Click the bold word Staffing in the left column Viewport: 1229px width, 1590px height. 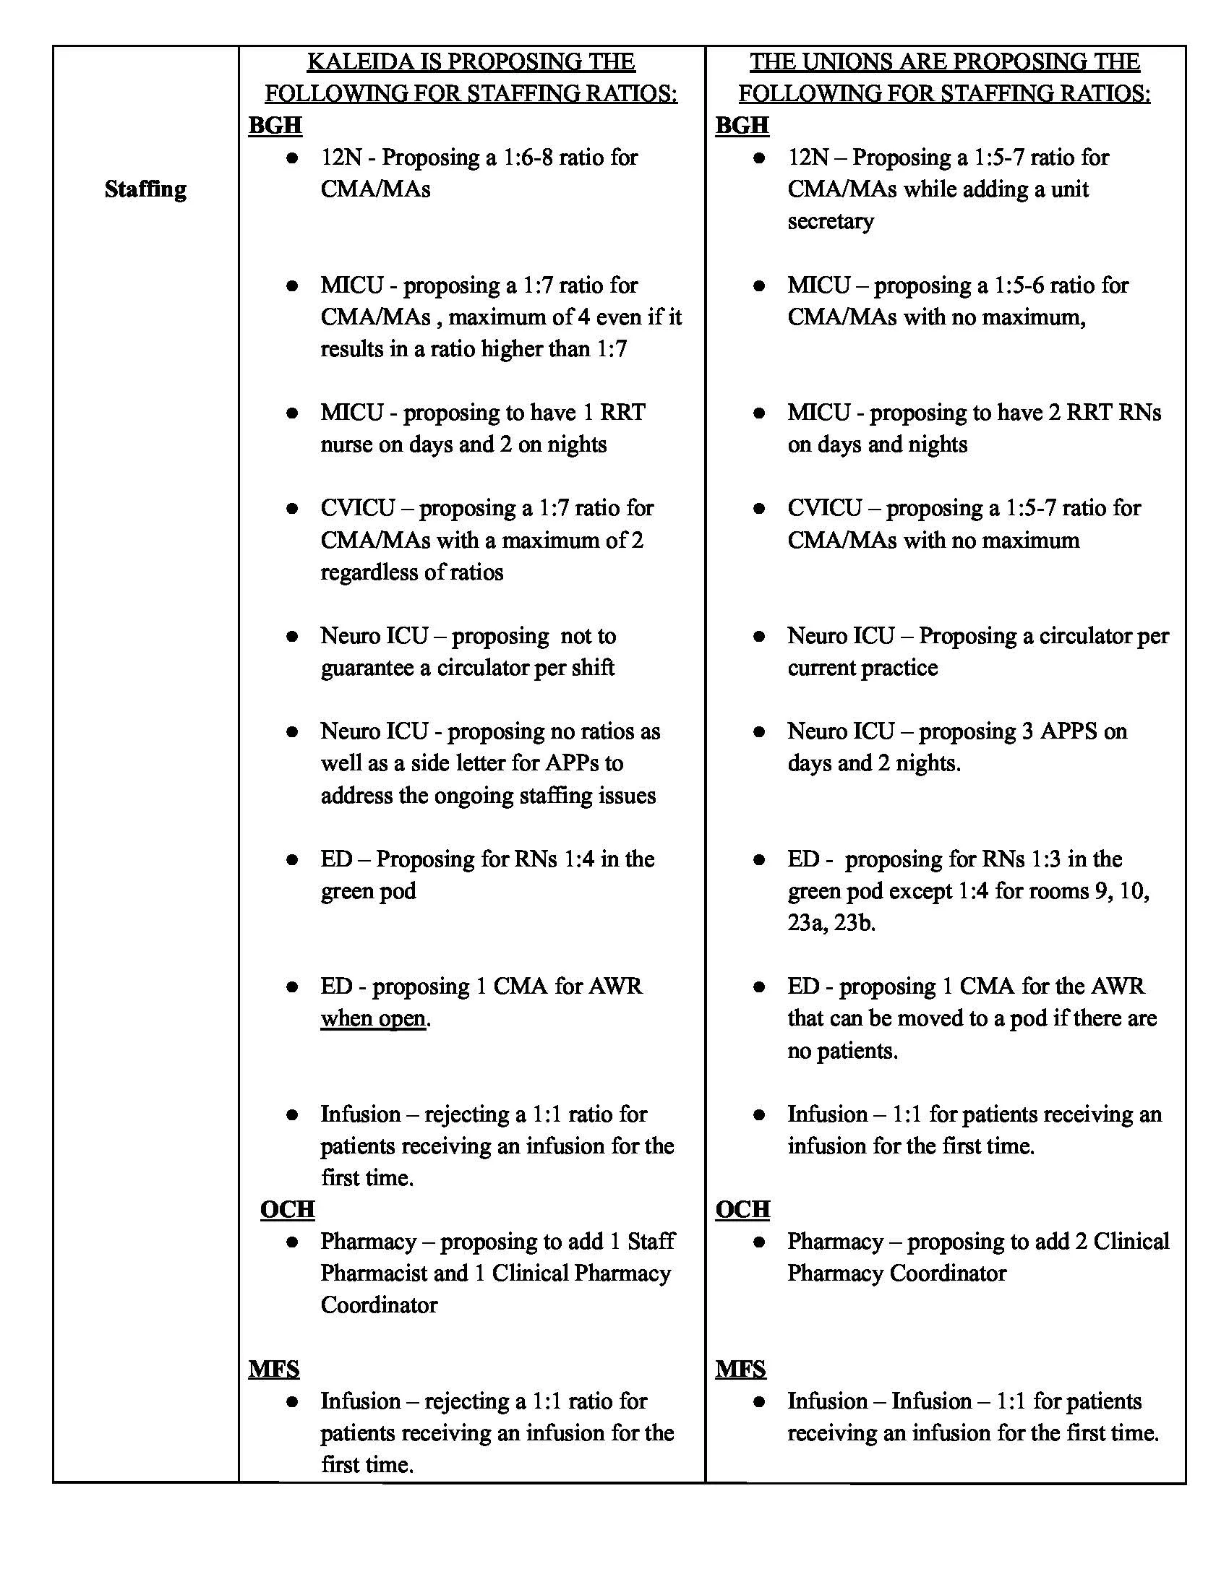point(145,189)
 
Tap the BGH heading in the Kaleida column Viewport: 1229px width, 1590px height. point(275,125)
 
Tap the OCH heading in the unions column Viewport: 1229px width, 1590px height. point(742,1209)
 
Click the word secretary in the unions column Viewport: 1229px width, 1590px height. point(830,220)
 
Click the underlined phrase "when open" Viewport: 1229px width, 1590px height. point(373,1018)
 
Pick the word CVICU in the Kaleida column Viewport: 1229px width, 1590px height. point(357,507)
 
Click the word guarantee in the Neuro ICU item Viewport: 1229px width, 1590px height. point(367,668)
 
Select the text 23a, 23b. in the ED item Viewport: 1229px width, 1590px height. point(831,923)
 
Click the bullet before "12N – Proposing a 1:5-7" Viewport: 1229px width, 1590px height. point(758,158)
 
